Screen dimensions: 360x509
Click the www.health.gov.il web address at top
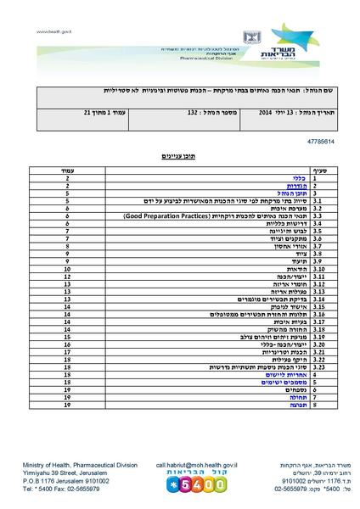click(x=53, y=31)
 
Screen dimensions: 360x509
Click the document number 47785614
click(x=308, y=142)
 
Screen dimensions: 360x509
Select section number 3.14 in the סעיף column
click(x=319, y=299)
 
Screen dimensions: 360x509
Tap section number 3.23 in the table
click(x=319, y=366)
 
